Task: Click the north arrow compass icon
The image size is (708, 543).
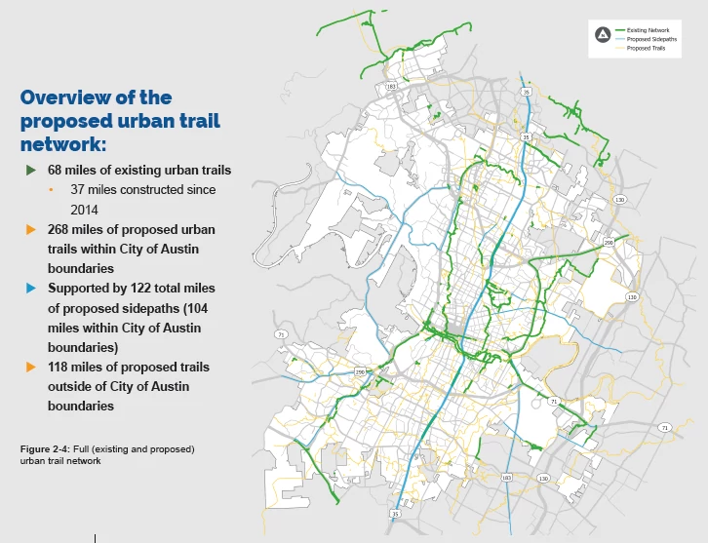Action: click(603, 35)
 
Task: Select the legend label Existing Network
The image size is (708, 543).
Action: click(649, 30)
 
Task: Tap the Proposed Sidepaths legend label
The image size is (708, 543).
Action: click(651, 39)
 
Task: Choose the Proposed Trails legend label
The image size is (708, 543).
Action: click(646, 48)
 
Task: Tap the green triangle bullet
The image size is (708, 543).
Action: click(30, 171)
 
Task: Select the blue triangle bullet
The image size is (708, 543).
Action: click(30, 289)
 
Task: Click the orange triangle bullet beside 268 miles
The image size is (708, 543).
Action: click(30, 230)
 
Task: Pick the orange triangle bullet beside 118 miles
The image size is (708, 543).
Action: click(30, 368)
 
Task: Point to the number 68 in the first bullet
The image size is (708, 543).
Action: click(57, 171)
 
